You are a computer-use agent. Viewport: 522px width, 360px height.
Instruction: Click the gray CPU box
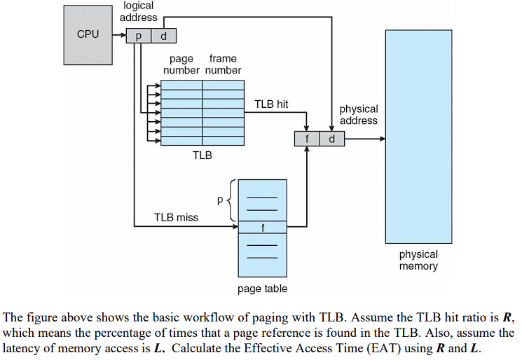pyautogui.click(x=88, y=34)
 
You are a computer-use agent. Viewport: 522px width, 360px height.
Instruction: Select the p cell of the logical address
pyautogui.click(x=139, y=35)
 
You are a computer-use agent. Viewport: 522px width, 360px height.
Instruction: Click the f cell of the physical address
pyautogui.click(x=307, y=139)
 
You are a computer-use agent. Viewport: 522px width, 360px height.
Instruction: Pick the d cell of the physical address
pyautogui.click(x=331, y=139)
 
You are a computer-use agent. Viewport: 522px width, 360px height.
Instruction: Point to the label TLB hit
pyautogui.click(x=271, y=104)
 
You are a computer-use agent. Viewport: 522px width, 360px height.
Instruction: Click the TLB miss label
pyautogui.click(x=176, y=217)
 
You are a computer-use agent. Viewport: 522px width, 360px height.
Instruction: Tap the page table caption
pyautogui.click(x=263, y=289)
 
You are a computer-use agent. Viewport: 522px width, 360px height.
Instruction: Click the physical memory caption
pyautogui.click(x=418, y=260)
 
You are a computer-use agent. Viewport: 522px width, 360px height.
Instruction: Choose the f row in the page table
pyautogui.click(x=263, y=226)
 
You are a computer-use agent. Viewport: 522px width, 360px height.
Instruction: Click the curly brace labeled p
pyautogui.click(x=231, y=200)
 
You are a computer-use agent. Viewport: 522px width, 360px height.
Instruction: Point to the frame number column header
pyautogui.click(x=223, y=64)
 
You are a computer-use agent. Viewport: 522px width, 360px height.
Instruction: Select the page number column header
pyautogui.click(x=181, y=64)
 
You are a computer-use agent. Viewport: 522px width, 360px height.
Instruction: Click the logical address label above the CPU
pyautogui.click(x=139, y=11)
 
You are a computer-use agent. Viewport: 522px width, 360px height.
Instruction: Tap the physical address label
pyautogui.click(x=358, y=115)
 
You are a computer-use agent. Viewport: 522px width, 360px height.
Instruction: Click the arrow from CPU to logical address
pyautogui.click(x=118, y=35)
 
